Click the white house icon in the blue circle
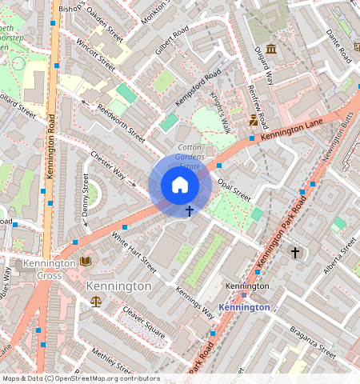(180, 186)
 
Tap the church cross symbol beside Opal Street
(190, 211)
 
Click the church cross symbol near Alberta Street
(294, 253)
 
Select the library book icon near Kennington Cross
(86, 262)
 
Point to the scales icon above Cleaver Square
(97, 302)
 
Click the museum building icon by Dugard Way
(271, 50)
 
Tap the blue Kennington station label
(244, 307)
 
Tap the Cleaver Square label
(144, 322)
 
